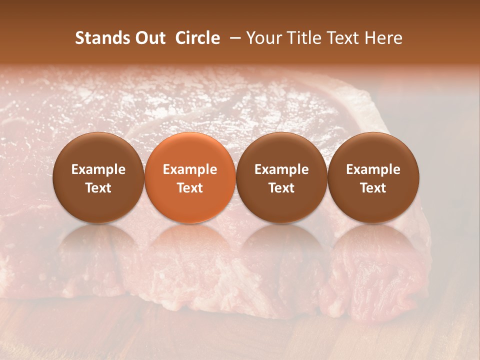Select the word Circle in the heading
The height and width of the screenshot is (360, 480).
pos(197,38)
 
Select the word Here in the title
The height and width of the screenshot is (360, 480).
pos(384,38)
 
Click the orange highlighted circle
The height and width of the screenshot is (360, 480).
pos(190,177)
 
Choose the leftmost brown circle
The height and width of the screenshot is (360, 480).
pos(98,177)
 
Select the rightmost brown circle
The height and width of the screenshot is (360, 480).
pos(373,177)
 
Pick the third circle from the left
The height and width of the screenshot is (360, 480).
pos(281,177)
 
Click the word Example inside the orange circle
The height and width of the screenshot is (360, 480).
pos(190,169)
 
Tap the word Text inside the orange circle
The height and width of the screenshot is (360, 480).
pos(190,188)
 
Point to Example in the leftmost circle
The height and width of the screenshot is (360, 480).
pos(98,169)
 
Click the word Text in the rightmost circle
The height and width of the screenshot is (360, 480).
pos(373,188)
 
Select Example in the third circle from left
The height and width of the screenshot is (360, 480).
pos(281,169)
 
